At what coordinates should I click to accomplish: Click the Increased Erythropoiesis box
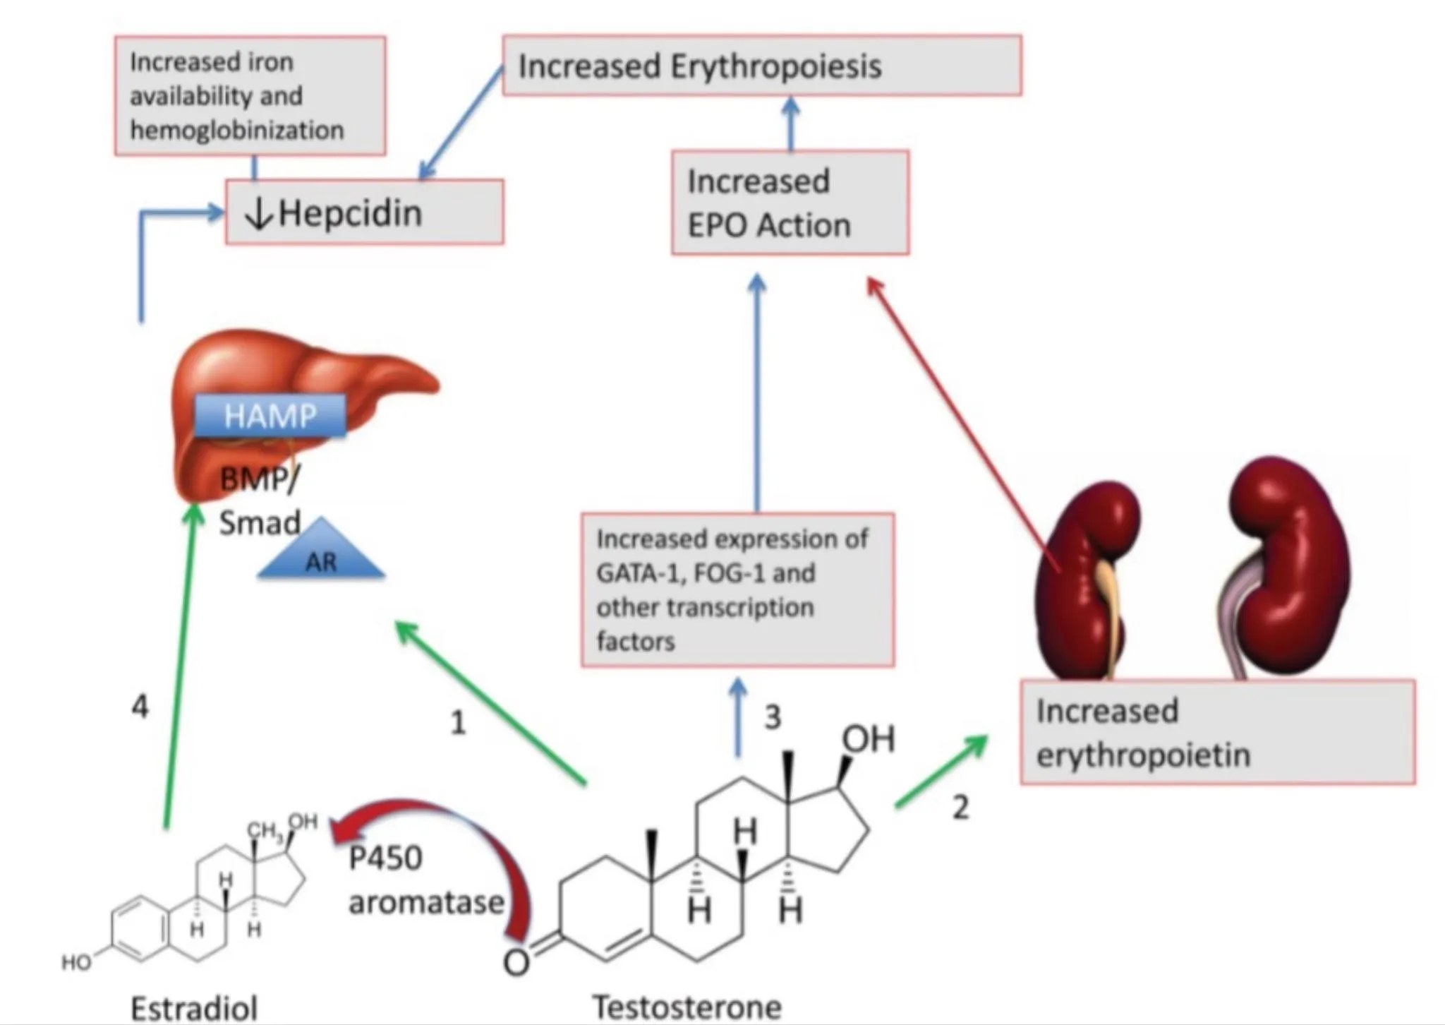click(x=762, y=66)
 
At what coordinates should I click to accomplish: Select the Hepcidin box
click(x=364, y=212)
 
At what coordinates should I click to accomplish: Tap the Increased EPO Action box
click(x=790, y=203)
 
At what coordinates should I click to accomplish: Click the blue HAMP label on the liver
click(x=270, y=415)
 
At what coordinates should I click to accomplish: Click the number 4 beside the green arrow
click(x=140, y=706)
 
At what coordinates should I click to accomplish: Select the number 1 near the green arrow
click(x=458, y=723)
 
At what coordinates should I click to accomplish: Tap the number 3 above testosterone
click(x=773, y=717)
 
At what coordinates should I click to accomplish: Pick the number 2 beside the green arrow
click(x=960, y=808)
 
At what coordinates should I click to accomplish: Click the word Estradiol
click(x=194, y=1008)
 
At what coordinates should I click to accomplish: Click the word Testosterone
click(x=687, y=1007)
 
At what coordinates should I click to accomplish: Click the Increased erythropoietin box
click(x=1217, y=732)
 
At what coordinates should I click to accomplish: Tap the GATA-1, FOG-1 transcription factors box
click(x=737, y=590)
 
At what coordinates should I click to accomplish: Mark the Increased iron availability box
click(x=250, y=96)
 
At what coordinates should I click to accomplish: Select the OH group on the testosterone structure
click(x=868, y=740)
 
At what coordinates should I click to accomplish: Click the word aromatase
click(x=426, y=902)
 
